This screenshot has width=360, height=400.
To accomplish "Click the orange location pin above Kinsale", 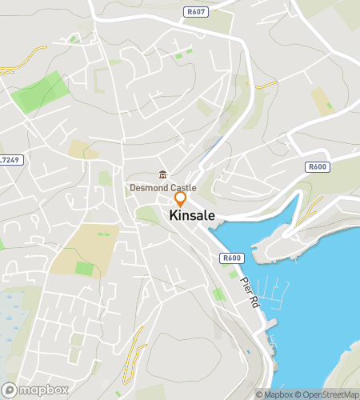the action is [181, 198].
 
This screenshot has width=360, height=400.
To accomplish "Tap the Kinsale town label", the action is [191, 216].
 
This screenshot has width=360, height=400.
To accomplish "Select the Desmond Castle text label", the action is [162, 188].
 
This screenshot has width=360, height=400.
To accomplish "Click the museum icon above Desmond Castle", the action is [162, 175].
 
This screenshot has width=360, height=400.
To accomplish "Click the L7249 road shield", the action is [11, 160].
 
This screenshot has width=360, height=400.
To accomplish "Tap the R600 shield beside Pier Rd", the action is [231, 258].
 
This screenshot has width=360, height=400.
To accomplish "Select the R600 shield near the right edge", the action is [317, 167].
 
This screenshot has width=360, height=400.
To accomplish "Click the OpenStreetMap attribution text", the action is [327, 394].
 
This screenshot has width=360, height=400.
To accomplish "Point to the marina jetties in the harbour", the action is [276, 292].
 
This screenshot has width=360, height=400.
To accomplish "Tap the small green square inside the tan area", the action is [83, 268].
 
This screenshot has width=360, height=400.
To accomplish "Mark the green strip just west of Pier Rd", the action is [218, 294].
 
